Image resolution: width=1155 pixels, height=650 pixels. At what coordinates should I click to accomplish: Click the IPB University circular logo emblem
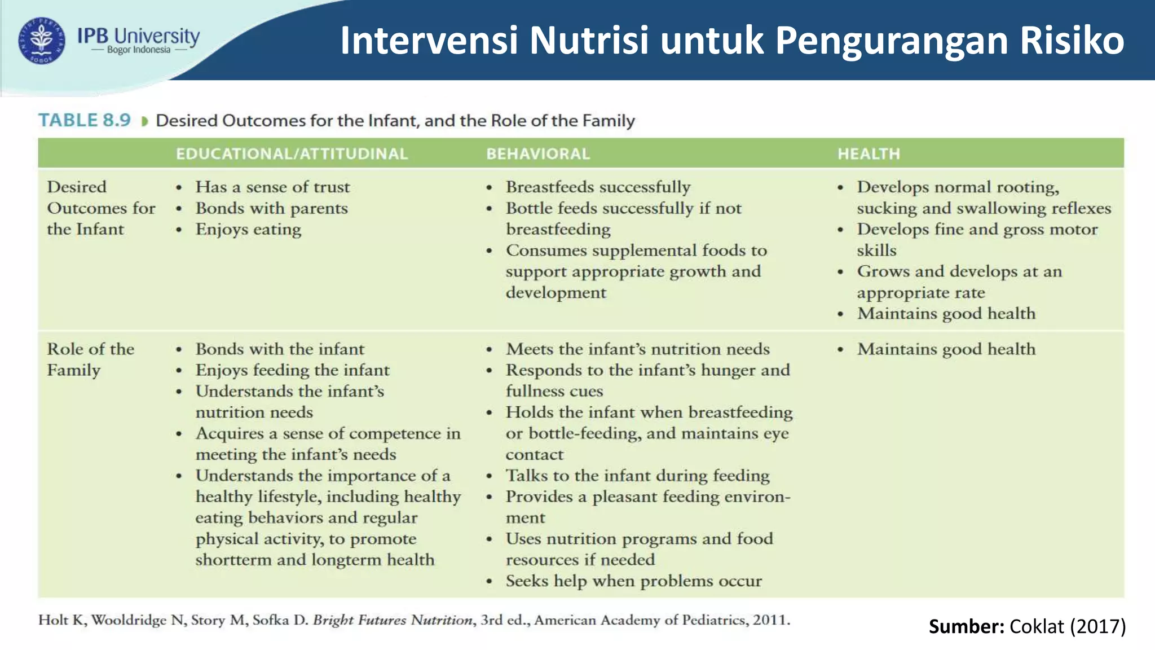click(42, 41)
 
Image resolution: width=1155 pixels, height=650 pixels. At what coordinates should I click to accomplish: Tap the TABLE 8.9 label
click(85, 120)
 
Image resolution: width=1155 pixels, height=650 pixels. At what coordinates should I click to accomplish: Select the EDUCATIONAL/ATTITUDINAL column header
click(292, 153)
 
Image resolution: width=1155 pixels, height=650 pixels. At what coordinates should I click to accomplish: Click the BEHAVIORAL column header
click(538, 153)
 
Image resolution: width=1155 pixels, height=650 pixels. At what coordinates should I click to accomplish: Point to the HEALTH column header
click(869, 153)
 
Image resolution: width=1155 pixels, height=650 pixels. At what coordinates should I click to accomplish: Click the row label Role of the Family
click(90, 359)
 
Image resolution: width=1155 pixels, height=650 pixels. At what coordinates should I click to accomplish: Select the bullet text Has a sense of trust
click(272, 187)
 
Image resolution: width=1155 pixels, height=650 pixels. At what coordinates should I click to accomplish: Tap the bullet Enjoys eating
click(248, 229)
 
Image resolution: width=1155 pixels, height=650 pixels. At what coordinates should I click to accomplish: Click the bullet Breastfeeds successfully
click(598, 187)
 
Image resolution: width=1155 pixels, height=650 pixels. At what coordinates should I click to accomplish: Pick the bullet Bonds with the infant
click(280, 349)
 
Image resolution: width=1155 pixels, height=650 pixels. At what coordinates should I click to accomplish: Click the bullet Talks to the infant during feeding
click(637, 475)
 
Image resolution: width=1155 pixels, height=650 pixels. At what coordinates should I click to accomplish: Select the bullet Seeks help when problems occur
click(633, 581)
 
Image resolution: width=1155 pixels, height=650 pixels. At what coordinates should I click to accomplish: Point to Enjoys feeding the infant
click(292, 370)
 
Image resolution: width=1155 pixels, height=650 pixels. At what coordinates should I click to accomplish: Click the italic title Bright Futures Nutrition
click(393, 620)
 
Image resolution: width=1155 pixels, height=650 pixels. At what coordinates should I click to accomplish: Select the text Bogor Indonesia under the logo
click(139, 50)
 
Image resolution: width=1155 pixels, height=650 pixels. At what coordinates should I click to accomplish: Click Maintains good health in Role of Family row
click(946, 349)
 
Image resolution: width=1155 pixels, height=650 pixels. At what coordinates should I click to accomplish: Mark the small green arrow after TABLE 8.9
click(144, 121)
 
